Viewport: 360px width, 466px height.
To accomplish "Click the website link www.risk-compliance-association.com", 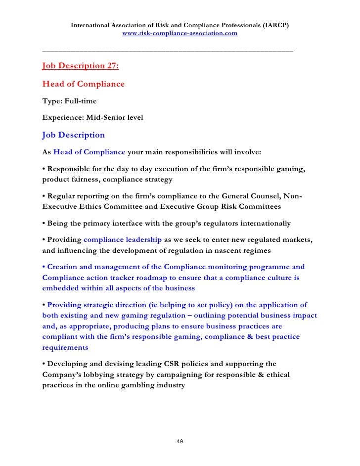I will [180, 34].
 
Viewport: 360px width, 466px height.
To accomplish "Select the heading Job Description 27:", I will [81, 66].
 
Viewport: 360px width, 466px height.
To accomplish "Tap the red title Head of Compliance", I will [84, 84].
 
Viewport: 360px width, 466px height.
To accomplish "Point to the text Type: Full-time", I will [70, 101].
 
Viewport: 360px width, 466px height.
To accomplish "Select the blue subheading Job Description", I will [74, 135].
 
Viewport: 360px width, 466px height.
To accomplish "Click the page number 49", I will [180, 441].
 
